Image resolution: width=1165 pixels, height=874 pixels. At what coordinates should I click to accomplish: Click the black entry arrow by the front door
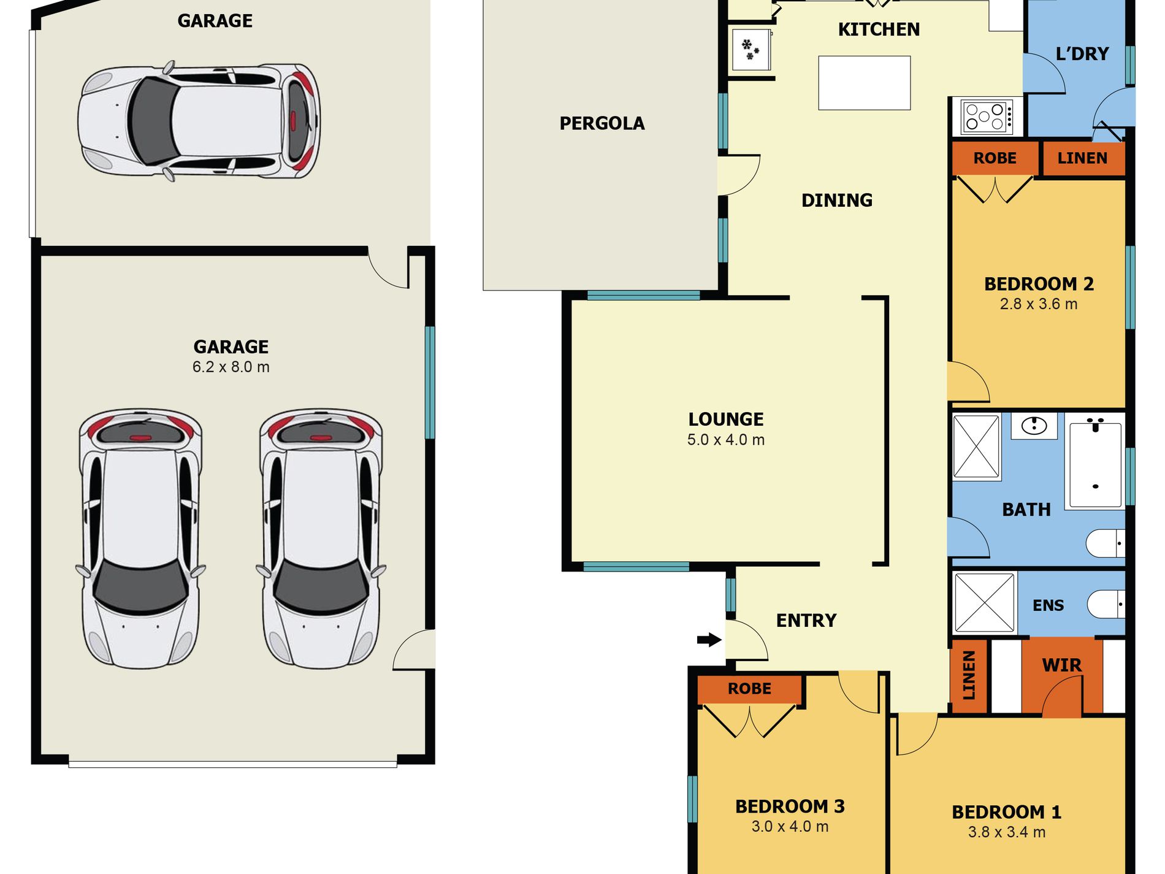pyautogui.click(x=709, y=640)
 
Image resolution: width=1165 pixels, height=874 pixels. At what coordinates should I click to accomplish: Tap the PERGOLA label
pyautogui.click(x=602, y=123)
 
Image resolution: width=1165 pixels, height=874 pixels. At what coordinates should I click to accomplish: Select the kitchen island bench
pyautogui.click(x=864, y=83)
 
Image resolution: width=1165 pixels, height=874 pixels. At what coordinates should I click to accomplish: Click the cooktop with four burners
pyautogui.click(x=987, y=117)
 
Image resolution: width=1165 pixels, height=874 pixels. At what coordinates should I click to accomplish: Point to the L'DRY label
pyautogui.click(x=1082, y=54)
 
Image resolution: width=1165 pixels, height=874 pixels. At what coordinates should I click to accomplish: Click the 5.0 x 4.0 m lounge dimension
pyautogui.click(x=725, y=440)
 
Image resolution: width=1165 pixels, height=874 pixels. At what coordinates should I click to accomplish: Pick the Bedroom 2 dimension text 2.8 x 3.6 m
pyautogui.click(x=1038, y=304)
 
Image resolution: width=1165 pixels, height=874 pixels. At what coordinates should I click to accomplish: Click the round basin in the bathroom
pyautogui.click(x=1034, y=425)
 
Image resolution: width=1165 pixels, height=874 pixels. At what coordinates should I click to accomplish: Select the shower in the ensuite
pyautogui.click(x=984, y=603)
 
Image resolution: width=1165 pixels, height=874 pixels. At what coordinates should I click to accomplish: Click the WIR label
pyautogui.click(x=1061, y=665)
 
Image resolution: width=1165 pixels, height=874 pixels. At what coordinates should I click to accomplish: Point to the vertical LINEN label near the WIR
pyautogui.click(x=969, y=675)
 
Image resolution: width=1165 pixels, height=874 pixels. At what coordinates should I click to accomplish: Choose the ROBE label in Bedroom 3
pyautogui.click(x=749, y=689)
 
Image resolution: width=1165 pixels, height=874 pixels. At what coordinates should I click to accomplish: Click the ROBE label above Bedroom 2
pyautogui.click(x=995, y=158)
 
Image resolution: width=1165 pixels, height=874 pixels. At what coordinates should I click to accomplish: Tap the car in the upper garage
pyautogui.click(x=199, y=121)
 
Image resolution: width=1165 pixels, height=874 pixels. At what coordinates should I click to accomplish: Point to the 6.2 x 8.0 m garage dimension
pyautogui.click(x=231, y=367)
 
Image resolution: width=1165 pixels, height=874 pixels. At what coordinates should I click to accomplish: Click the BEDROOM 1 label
pyautogui.click(x=1006, y=812)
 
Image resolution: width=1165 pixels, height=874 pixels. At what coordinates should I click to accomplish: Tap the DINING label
pyautogui.click(x=836, y=200)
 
